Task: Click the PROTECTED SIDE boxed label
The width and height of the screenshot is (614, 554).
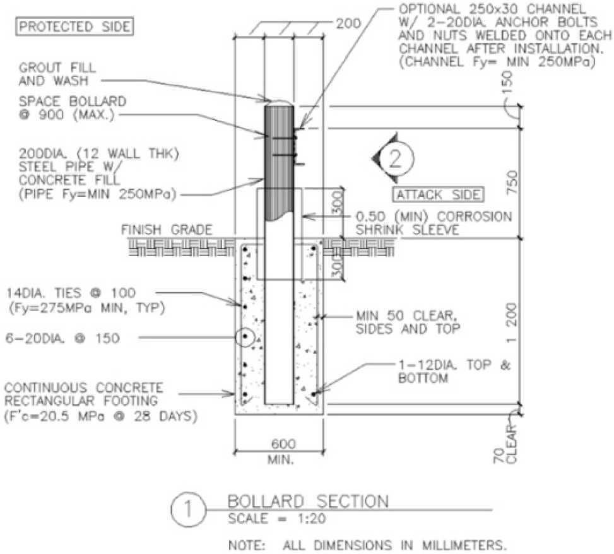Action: pyautogui.click(x=74, y=27)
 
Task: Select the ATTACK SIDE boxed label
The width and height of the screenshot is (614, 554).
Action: pyautogui.click(x=438, y=195)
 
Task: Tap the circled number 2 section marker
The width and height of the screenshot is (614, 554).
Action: pyautogui.click(x=395, y=158)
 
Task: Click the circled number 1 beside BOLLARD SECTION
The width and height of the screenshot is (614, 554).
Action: pyautogui.click(x=188, y=510)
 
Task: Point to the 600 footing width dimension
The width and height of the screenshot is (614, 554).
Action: pyautogui.click(x=284, y=444)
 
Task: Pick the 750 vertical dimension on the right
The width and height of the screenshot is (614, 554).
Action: pyautogui.click(x=512, y=182)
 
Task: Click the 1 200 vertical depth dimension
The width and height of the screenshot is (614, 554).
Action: pyautogui.click(x=512, y=322)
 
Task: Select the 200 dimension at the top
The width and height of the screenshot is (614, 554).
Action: pyautogui.click(x=348, y=24)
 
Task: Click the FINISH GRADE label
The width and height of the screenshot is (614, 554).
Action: pyautogui.click(x=167, y=230)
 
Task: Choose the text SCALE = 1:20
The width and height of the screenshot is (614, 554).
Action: pyautogui.click(x=277, y=519)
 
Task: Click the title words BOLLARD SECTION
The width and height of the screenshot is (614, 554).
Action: pyautogui.click(x=308, y=501)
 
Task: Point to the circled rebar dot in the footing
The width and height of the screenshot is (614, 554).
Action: pyautogui.click(x=245, y=336)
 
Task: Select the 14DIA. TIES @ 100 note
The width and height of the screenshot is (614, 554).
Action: pyautogui.click(x=71, y=293)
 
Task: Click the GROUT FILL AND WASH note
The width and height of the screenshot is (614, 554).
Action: pyautogui.click(x=57, y=74)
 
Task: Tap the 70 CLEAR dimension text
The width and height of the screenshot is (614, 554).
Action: pyautogui.click(x=505, y=444)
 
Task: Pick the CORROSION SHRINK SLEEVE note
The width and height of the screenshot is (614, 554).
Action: pyautogui.click(x=434, y=223)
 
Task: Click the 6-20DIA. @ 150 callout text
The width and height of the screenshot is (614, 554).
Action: pyautogui.click(x=62, y=338)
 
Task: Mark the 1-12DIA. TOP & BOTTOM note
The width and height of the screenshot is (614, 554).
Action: pyautogui.click(x=454, y=372)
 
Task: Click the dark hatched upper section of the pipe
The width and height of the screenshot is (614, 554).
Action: pyautogui.click(x=279, y=160)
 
